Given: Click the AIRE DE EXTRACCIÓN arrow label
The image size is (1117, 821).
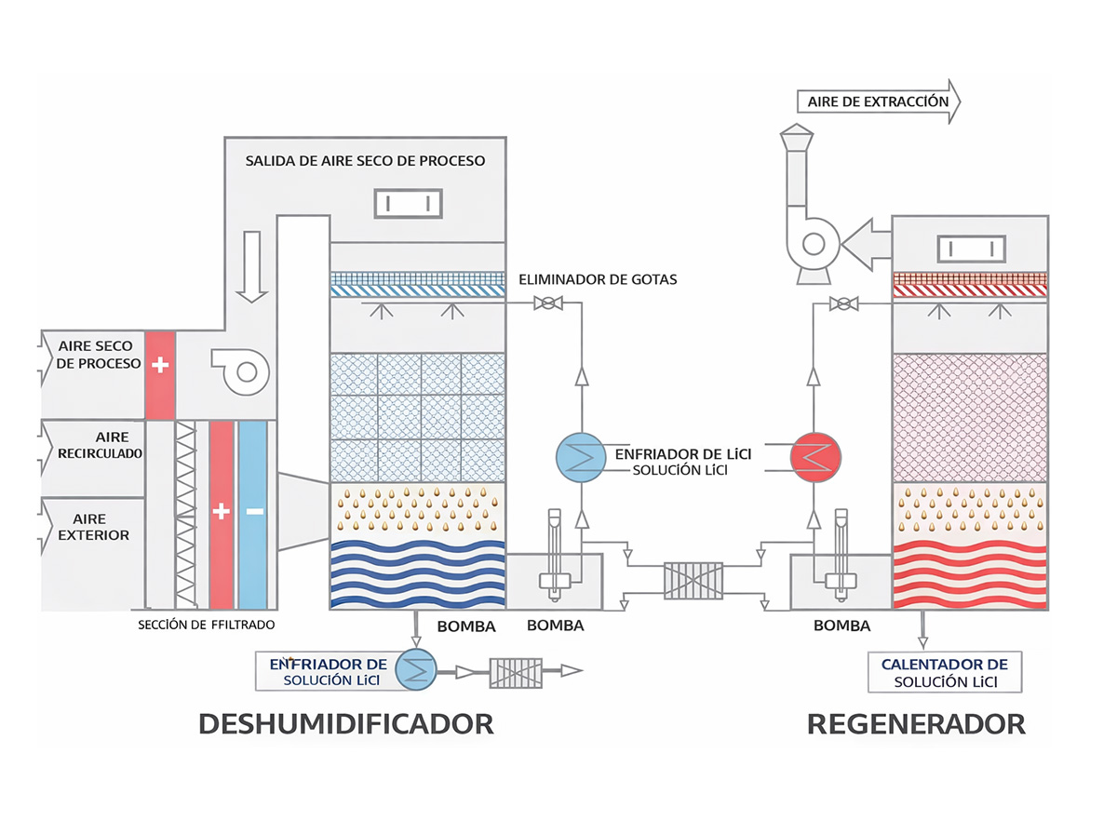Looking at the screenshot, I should [878, 102].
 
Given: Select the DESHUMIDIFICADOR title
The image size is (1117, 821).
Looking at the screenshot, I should [345, 723].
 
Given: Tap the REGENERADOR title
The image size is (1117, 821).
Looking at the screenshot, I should [916, 723].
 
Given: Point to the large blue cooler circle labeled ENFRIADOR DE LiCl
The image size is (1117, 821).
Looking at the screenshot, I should [580, 456].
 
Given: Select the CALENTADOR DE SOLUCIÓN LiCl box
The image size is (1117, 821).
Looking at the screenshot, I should [944, 672].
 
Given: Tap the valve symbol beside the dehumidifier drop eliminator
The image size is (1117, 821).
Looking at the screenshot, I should [549, 303].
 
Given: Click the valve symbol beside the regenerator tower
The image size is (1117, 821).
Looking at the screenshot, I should [843, 303].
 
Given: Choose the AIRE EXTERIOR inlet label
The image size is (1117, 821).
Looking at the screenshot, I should [93, 527].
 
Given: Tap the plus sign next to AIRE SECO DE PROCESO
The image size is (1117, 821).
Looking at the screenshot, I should [160, 365].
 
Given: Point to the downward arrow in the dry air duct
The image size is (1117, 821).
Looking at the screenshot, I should [249, 268].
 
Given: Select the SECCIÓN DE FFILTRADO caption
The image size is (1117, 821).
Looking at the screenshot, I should [206, 625].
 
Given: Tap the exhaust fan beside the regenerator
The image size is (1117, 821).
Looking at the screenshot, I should [809, 243].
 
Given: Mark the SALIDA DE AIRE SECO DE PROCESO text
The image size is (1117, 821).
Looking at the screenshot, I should [365, 160].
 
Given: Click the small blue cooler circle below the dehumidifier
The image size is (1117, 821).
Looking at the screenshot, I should [415, 669].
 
